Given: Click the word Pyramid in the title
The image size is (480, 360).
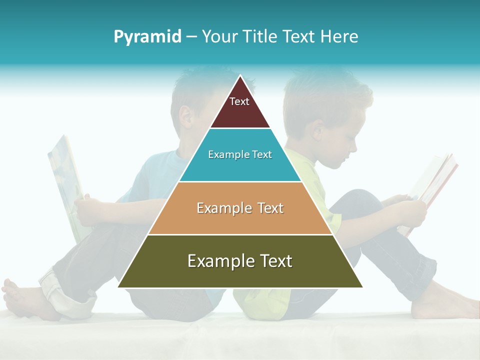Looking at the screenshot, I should pyautogui.click(x=147, y=37).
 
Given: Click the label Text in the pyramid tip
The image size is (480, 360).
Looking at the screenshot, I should pyautogui.click(x=239, y=101).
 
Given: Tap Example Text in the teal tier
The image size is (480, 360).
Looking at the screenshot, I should pyautogui.click(x=240, y=154).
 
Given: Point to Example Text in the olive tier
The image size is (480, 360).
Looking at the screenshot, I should pyautogui.click(x=240, y=261).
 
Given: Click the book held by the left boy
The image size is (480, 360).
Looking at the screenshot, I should pyautogui.click(x=65, y=185).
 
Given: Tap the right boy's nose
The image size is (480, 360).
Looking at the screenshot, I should pyautogui.click(x=356, y=148).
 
